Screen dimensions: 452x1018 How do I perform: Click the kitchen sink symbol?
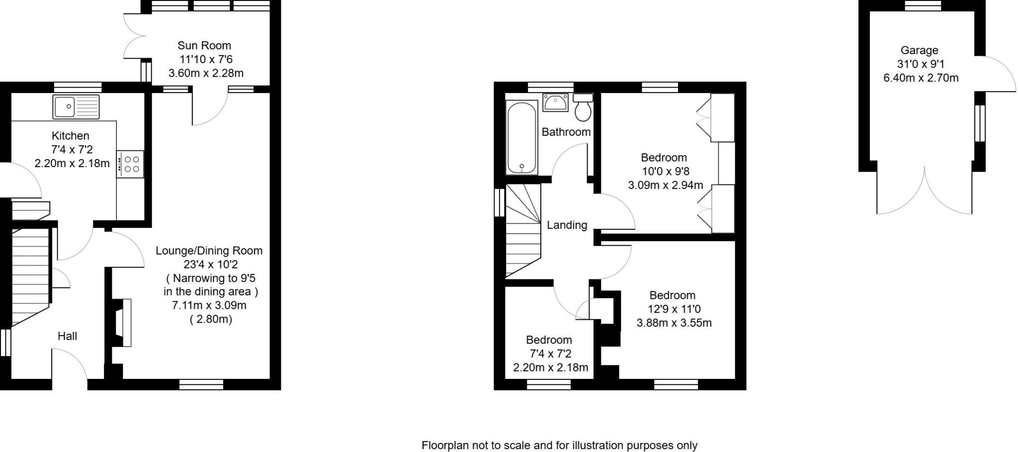coord(76,106)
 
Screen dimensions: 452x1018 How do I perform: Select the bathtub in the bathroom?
coord(522,138)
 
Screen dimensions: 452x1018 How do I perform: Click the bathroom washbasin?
coord(556,102)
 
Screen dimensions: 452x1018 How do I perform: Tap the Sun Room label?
coord(204,46)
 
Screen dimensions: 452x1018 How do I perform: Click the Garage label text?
coord(919,50)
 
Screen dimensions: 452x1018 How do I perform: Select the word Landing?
coord(567,225)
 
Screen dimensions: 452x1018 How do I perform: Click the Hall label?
coord(67,336)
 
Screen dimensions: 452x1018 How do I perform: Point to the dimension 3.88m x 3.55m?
coord(674,323)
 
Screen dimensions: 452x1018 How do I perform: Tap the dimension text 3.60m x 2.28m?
coord(206,74)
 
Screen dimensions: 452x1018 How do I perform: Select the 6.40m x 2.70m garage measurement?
coord(921,78)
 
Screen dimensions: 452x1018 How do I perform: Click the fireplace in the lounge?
coord(123,322)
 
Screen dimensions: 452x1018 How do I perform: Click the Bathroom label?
coord(566,132)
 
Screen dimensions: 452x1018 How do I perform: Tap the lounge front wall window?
coord(201,384)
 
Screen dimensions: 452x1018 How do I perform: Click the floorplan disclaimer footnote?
coord(559,445)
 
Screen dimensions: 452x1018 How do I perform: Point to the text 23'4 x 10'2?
coord(209,265)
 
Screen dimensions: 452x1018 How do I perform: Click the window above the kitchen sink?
coord(77,87)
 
